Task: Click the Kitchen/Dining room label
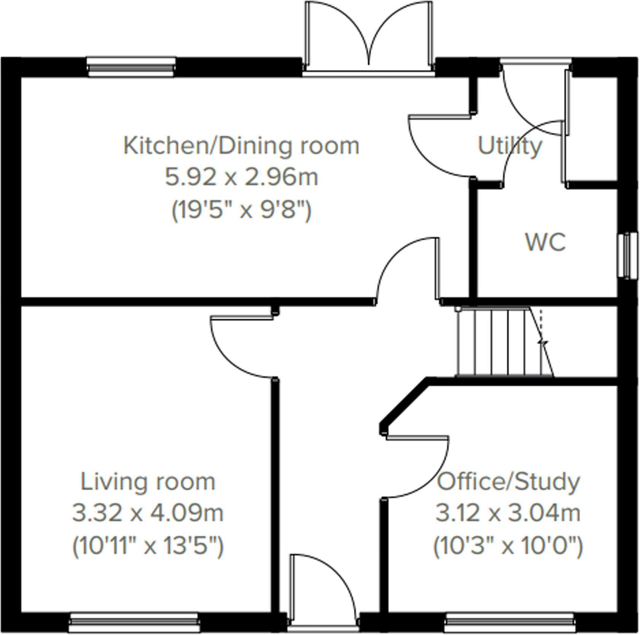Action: coord(241,146)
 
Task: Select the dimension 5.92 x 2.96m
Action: coord(241,177)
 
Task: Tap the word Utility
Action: coord(509,146)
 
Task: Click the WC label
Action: coord(545,242)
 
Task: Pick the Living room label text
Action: coord(148,482)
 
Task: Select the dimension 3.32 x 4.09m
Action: coord(148,513)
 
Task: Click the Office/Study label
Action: coord(508,482)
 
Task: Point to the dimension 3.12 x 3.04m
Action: coord(508,513)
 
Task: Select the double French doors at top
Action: coord(368,38)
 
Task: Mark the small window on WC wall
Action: coord(627,255)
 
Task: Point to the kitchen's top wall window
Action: coord(131,67)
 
